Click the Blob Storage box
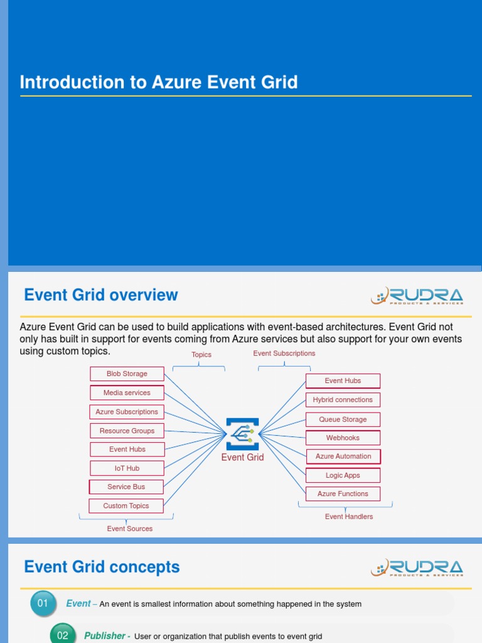click(x=127, y=374)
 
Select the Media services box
click(x=127, y=392)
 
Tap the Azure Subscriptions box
click(x=127, y=412)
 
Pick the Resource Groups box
click(x=127, y=431)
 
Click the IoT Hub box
click(x=127, y=468)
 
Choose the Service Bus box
click(x=126, y=487)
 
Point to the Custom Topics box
click(x=126, y=505)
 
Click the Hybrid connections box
click(x=343, y=399)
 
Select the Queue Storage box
click(x=343, y=419)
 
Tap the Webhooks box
click(x=343, y=438)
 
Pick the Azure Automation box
click(x=343, y=457)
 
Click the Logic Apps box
click(x=343, y=475)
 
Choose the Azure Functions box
click(x=343, y=494)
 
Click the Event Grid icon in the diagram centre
click(x=242, y=434)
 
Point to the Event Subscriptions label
click(x=284, y=354)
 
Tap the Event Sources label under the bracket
click(x=130, y=529)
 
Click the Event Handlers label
click(x=349, y=517)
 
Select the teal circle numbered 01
click(x=43, y=604)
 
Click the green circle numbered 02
click(x=63, y=635)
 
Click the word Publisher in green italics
click(x=105, y=636)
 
